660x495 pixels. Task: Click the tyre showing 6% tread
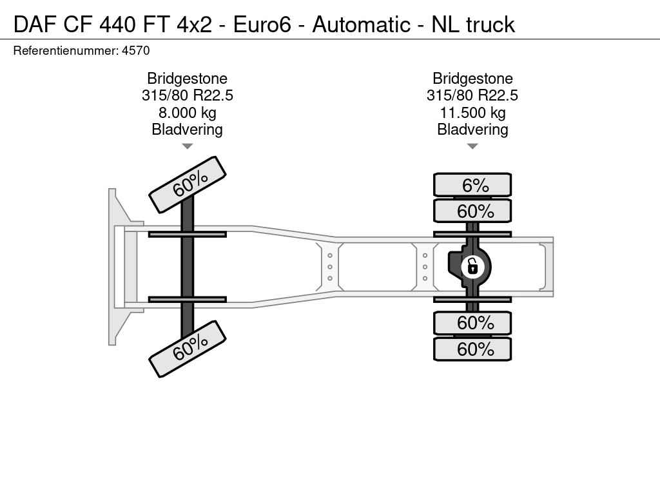[472, 185]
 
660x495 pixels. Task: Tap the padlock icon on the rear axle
[472, 266]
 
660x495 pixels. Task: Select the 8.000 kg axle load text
[187, 113]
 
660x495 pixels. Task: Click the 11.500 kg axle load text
[472, 113]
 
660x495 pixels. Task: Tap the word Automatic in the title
[361, 24]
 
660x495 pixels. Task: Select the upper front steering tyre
[188, 184]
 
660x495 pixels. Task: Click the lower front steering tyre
[188, 349]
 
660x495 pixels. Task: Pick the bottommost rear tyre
[472, 349]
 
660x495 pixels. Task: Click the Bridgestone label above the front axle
[187, 79]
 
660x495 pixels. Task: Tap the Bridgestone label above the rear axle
[472, 79]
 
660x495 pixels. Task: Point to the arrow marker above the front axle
[187, 146]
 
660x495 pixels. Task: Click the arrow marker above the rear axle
[472, 146]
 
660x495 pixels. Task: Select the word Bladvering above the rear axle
[472, 130]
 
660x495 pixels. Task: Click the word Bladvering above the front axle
[187, 130]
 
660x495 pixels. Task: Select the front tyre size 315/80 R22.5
[187, 96]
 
